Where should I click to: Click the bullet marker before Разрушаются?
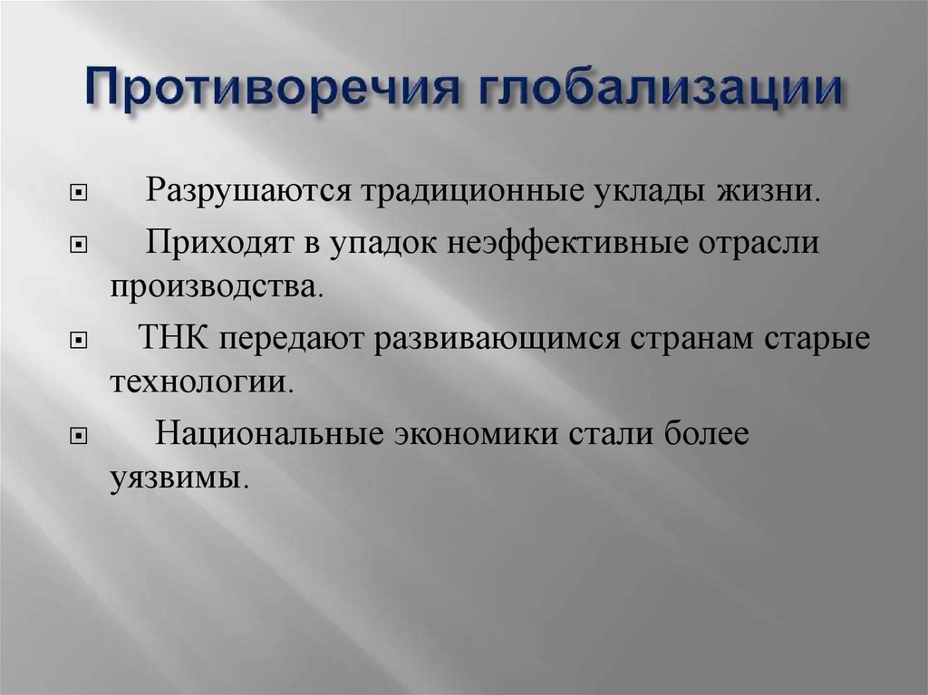pos(80,194)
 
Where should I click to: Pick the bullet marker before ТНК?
pos(80,340)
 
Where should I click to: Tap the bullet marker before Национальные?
pos(80,434)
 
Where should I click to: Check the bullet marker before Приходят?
pos(80,246)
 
